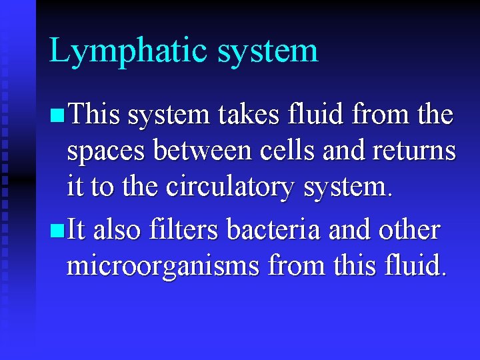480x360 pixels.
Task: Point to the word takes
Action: pos(253,115)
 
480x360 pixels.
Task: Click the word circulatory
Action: pos(229,187)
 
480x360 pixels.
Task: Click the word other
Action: pos(409,230)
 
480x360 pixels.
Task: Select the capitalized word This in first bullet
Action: pos(93,115)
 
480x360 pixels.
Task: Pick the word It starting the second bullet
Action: pos(76,230)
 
